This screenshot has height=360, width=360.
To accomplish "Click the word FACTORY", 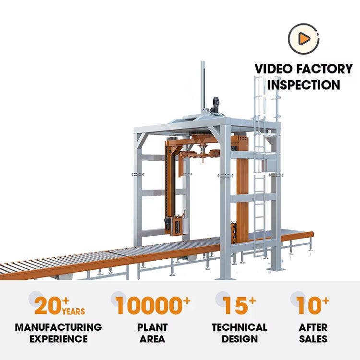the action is point(327,69).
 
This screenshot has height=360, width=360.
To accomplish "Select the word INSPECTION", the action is point(303,85).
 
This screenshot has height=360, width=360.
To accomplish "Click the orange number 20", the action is point(48,306).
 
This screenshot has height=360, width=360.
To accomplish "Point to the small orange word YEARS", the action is point(73,312).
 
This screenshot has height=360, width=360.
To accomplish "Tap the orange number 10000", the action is point(147,306).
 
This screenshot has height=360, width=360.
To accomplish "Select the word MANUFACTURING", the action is point(59,327).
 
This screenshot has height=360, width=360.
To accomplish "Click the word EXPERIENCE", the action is point(59,339).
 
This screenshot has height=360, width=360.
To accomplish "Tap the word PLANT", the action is point(153,327).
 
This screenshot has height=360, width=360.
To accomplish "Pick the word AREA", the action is point(153,339).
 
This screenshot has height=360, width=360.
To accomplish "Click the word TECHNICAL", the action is point(240,327).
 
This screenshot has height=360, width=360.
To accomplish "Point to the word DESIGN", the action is point(240,339).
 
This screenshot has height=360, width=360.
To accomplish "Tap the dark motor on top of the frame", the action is point(216,106).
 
